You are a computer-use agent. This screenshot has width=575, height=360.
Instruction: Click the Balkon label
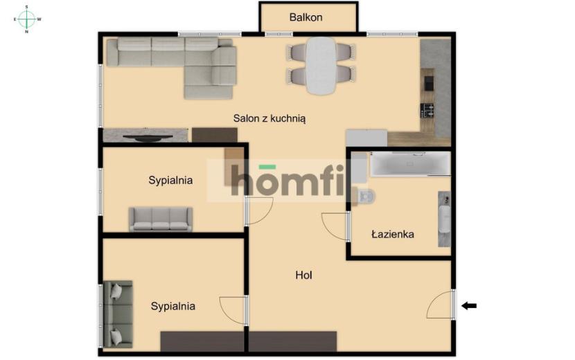(306, 17)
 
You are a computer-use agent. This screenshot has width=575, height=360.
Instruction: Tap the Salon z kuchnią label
(269, 118)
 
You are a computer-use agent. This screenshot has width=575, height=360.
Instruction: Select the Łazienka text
(393, 234)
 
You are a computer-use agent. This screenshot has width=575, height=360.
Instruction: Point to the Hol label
(303, 275)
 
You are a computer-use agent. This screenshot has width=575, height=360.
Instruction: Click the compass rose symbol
(26, 19)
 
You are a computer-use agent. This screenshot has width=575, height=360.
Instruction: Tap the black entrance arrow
(469, 305)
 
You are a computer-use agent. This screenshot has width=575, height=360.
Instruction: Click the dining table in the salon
(321, 66)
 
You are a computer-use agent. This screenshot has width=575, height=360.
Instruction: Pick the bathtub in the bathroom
(410, 163)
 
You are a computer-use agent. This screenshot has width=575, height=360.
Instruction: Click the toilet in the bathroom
(364, 196)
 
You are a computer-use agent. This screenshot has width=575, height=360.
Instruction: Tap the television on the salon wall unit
(148, 138)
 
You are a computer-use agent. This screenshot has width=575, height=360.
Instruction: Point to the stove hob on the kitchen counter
(427, 110)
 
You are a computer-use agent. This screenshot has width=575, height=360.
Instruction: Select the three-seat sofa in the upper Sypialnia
(161, 219)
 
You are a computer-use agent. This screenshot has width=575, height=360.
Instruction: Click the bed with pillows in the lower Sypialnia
(118, 314)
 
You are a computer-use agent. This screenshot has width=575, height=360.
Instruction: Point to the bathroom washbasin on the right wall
(445, 219)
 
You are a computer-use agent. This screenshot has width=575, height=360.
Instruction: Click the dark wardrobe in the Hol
(292, 341)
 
